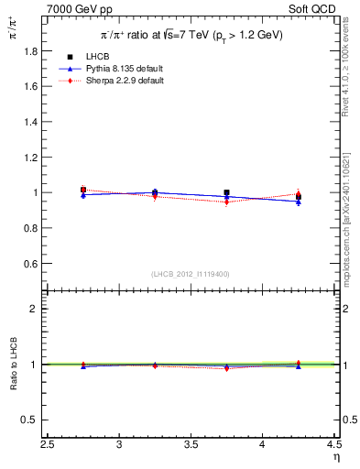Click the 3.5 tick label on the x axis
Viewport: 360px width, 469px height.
coord(191,443)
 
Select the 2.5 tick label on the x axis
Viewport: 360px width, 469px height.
coord(48,443)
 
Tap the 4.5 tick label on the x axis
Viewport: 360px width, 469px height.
coord(333,443)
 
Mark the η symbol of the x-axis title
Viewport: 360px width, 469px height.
coord(335,455)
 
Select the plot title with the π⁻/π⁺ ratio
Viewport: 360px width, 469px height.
coord(191,34)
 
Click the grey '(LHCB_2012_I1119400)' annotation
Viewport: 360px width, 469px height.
coord(191,274)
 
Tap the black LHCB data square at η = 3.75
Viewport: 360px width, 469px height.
coord(226,193)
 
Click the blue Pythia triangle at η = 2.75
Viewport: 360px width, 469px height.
coord(83,194)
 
